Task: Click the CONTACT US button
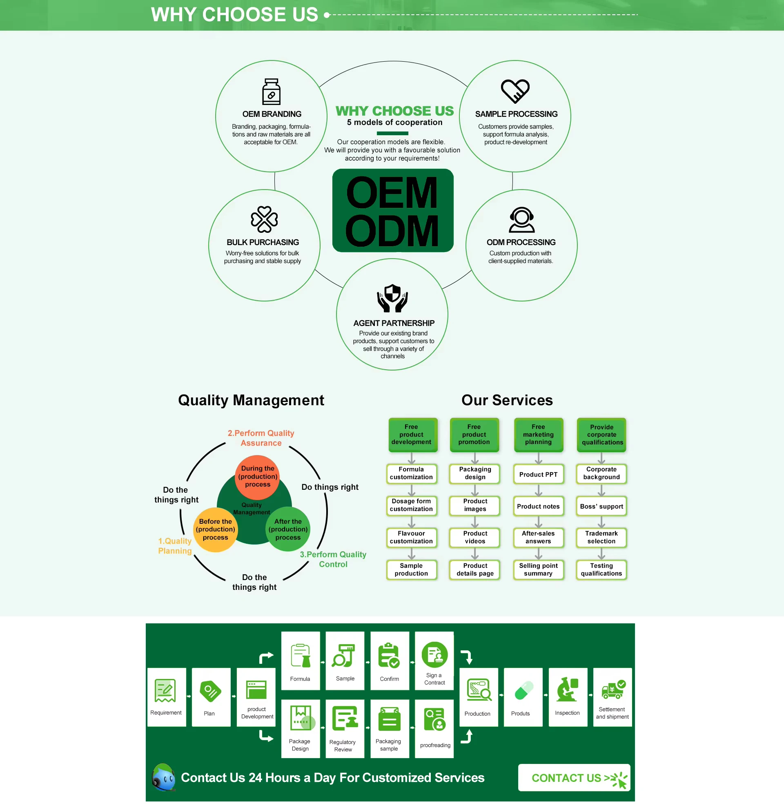click(x=574, y=777)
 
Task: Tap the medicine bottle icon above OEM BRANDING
click(x=272, y=92)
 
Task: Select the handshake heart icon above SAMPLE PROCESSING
click(x=515, y=91)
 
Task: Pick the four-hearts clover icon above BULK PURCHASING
click(x=264, y=219)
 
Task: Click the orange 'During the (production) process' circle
click(x=258, y=477)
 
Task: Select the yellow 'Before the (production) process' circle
click(x=215, y=529)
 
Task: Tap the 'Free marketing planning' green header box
click(x=538, y=435)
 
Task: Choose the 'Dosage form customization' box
click(x=411, y=505)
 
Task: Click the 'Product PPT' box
click(x=538, y=475)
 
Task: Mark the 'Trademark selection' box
click(x=601, y=537)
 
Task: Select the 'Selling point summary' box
click(x=538, y=570)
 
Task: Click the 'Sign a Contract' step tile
click(x=434, y=661)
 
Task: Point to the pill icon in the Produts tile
click(x=523, y=690)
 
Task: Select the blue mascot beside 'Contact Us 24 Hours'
click(x=164, y=777)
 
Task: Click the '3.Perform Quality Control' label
click(x=333, y=559)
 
